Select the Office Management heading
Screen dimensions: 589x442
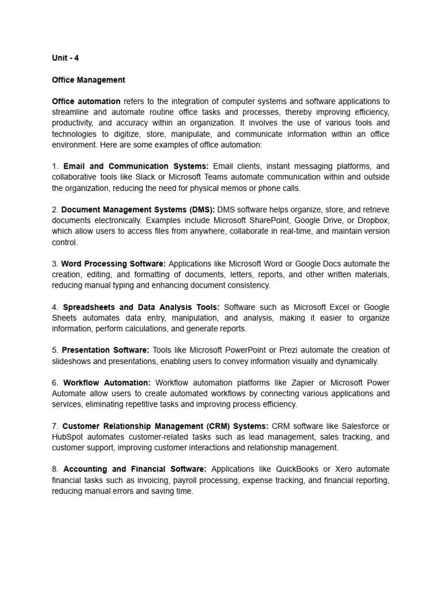tap(88, 80)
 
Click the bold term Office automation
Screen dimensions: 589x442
tap(86, 101)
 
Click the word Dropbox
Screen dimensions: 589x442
tap(373, 220)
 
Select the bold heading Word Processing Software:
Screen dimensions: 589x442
tap(113, 263)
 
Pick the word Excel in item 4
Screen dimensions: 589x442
tap(340, 307)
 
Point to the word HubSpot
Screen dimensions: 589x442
tap(67, 437)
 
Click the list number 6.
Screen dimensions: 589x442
tap(54, 383)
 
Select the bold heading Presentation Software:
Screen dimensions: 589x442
tap(105, 350)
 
